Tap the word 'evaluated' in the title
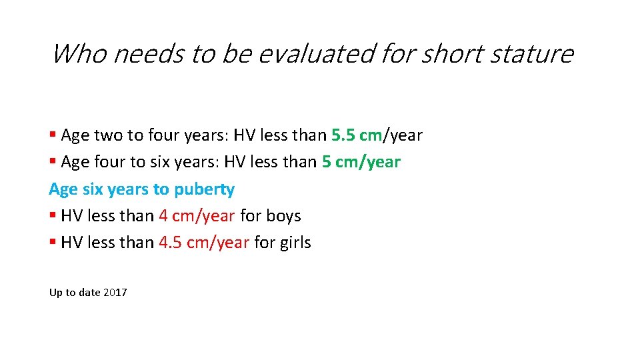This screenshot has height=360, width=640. [316, 53]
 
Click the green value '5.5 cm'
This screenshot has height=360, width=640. [356, 135]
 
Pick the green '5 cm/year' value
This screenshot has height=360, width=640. [361, 162]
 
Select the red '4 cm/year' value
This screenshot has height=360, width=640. [197, 216]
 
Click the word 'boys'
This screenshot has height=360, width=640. [283, 216]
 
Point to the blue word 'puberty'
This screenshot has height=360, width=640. [204, 189]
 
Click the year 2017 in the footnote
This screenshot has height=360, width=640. [115, 293]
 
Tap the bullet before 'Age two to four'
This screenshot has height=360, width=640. [53, 136]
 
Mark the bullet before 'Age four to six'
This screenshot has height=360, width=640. [53, 163]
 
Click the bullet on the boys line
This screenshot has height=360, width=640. [53, 217]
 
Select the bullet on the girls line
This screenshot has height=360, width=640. [53, 243]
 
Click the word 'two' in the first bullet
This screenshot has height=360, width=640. [109, 135]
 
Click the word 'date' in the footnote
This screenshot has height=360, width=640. [90, 293]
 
